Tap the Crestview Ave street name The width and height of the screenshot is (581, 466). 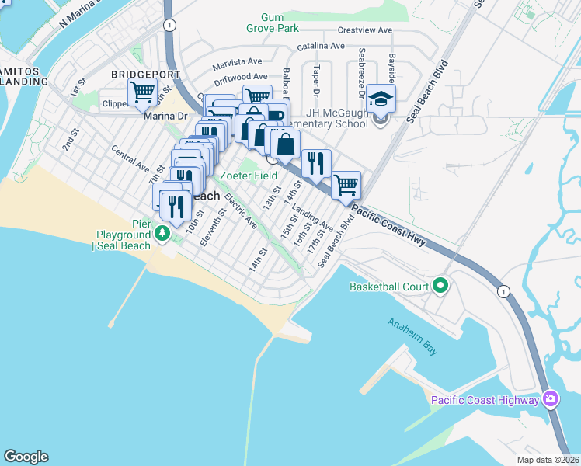pyautogui.click(x=365, y=31)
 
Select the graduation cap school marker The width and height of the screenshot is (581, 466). pyautogui.click(x=381, y=99)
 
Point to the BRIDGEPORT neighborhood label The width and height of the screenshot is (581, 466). pyautogui.click(x=145, y=75)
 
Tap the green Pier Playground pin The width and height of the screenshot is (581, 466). pyautogui.click(x=162, y=232)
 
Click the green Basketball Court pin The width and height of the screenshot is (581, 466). pyautogui.click(x=440, y=287)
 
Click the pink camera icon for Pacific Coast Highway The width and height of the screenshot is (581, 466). pyautogui.click(x=551, y=399)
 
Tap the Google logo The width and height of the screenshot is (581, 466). pyautogui.click(x=26, y=457)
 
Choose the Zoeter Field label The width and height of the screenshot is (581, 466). pyautogui.click(x=249, y=176)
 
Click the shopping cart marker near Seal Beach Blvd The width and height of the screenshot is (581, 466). pyautogui.click(x=346, y=185)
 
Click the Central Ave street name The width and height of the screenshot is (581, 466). pyautogui.click(x=130, y=157)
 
